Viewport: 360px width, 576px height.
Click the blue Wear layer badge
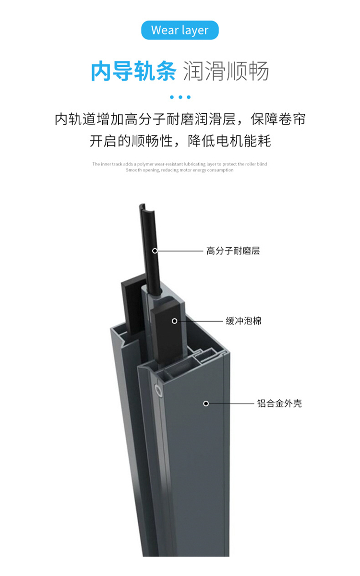[x=180, y=30]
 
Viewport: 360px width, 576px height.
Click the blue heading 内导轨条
[x=133, y=71]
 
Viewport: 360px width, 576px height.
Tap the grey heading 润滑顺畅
[x=226, y=71]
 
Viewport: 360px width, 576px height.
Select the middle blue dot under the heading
[x=180, y=97]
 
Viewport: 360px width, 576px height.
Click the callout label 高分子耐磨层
[x=233, y=251]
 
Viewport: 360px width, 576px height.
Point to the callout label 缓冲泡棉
[x=243, y=321]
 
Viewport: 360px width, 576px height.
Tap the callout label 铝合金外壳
[x=279, y=404]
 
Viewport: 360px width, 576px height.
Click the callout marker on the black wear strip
[x=155, y=251]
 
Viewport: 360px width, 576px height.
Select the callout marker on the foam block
[x=174, y=321]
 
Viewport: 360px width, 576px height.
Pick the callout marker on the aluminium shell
[x=206, y=404]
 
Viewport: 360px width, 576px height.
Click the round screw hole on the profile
[x=158, y=392]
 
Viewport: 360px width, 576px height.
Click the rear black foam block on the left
[x=132, y=305]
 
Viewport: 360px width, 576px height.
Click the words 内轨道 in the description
[x=76, y=120]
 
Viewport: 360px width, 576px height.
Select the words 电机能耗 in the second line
[x=243, y=141]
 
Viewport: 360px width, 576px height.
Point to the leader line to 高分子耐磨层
[x=180, y=251]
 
